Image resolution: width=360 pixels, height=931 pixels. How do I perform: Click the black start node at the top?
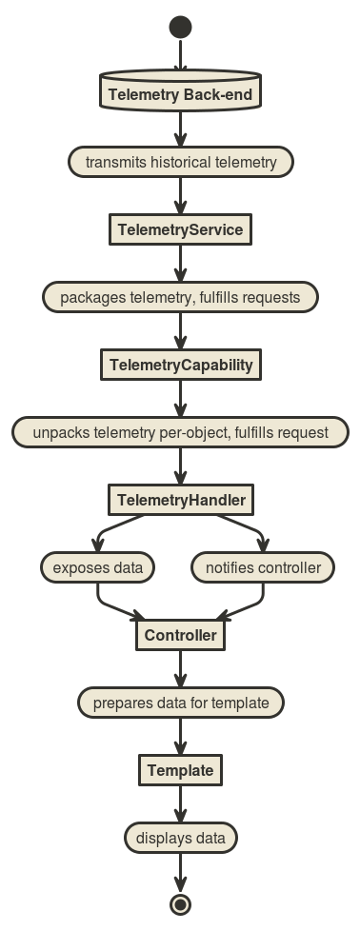pos(180,27)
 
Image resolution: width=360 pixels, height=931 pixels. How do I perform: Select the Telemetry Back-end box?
pos(180,93)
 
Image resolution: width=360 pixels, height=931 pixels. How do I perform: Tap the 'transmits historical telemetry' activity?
pos(180,162)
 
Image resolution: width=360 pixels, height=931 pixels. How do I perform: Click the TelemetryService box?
pos(180,229)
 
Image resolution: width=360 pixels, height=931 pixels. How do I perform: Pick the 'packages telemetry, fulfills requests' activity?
pos(180,297)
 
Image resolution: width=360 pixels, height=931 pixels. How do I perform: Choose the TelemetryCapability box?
pos(180,365)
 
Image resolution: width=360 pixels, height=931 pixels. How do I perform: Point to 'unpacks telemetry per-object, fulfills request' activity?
pos(180,432)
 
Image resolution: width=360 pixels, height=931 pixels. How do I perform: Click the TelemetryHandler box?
pos(180,500)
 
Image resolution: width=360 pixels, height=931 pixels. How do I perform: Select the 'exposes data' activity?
pos(97,568)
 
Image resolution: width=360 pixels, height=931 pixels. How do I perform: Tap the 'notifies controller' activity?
pos(263,568)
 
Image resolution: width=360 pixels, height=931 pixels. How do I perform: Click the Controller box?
pos(180,635)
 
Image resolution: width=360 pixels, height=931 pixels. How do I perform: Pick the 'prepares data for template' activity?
pos(180,703)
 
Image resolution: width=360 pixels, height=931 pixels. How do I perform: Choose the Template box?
pos(180,770)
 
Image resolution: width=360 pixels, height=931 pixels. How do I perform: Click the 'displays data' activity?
pos(180,839)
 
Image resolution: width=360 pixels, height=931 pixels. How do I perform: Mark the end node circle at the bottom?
pos(180,904)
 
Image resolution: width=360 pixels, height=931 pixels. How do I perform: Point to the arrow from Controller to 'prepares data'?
pos(180,669)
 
